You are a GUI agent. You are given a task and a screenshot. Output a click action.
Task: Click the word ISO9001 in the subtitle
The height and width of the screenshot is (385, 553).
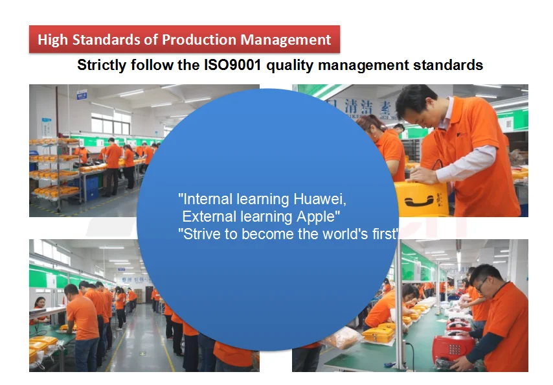pos(232,65)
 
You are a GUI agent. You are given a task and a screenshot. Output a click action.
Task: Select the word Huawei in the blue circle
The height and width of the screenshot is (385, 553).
pos(320,199)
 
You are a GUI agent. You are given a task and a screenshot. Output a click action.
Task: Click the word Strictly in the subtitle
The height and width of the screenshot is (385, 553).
pos(102,65)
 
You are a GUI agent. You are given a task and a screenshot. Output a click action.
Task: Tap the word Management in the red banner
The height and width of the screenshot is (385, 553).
pos(286,40)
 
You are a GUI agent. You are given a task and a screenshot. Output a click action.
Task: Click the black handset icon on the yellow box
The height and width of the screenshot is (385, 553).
pos(419,201)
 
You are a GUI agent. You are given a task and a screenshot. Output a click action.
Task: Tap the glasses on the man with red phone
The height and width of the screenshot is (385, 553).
pos(480,284)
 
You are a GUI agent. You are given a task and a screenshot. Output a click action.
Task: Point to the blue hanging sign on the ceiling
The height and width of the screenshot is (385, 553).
pos(82,95)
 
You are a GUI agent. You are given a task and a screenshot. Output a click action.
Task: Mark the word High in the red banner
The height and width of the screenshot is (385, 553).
pos(53,40)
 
